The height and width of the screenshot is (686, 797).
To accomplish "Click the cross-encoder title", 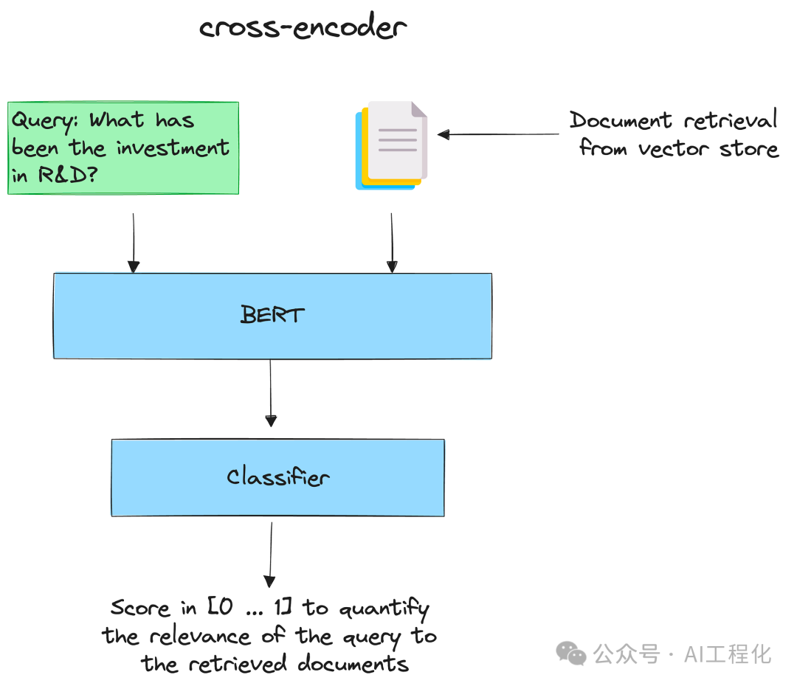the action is (x=303, y=27).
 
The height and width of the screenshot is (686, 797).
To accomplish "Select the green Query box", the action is (x=123, y=148).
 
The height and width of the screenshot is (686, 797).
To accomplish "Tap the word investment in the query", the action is (x=173, y=148).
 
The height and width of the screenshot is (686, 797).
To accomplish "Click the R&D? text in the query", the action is (x=68, y=175).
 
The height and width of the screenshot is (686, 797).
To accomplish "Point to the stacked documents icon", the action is (x=391, y=145).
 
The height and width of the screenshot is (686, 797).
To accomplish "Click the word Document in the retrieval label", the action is (x=621, y=120).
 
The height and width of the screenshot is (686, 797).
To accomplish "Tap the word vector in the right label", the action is (x=673, y=149).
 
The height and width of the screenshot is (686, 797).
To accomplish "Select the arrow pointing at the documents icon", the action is (x=498, y=135).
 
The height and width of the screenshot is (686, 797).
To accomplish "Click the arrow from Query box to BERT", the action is (x=134, y=243).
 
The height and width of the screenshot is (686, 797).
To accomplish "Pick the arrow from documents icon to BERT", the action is (x=392, y=243).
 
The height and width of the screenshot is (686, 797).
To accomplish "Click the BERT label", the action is (x=272, y=314).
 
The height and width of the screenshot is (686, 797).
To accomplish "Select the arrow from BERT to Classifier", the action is (x=271, y=393).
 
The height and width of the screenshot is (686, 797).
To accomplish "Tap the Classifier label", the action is (x=278, y=477).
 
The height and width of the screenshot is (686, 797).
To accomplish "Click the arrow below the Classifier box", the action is (x=270, y=555).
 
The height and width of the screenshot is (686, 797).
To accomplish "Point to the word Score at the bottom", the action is (x=139, y=608).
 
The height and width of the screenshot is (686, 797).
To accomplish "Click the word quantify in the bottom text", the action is (x=384, y=609).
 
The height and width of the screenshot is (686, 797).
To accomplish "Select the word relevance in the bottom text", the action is (x=200, y=636).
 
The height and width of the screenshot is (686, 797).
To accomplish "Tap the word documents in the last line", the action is (x=353, y=664).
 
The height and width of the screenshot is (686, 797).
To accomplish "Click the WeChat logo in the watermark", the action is (x=570, y=654).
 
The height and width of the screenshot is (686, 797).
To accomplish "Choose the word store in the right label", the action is (x=749, y=149).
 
